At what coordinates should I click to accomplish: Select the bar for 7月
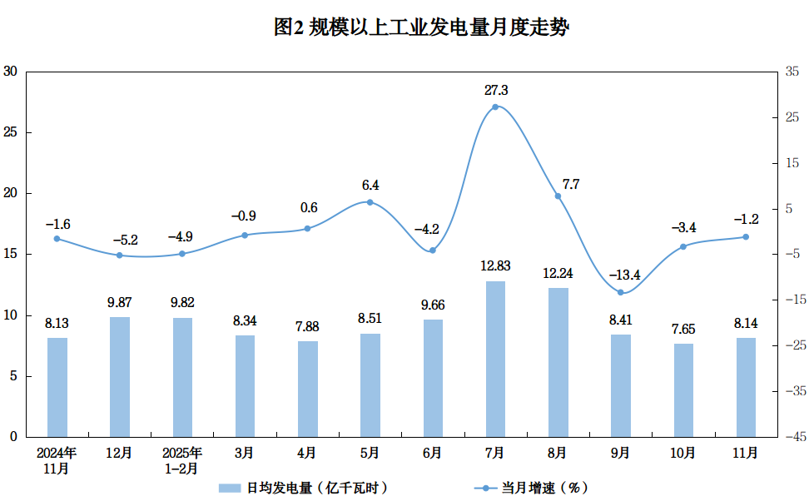click(x=495, y=360)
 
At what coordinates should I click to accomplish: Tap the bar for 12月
click(x=119, y=377)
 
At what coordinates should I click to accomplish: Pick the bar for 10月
click(x=683, y=390)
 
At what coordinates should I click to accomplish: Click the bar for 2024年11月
click(x=57, y=388)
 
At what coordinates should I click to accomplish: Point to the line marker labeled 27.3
click(x=495, y=107)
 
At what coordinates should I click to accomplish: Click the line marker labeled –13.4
click(x=621, y=292)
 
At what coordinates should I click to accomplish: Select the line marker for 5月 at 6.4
click(x=370, y=202)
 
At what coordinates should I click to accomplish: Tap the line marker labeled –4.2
click(x=433, y=250)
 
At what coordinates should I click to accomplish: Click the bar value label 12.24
click(x=558, y=273)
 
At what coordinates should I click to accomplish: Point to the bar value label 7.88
click(x=307, y=326)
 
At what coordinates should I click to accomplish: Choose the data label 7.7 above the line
click(x=571, y=185)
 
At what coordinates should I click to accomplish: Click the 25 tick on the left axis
click(x=10, y=132)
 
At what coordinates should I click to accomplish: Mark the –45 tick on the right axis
click(x=794, y=436)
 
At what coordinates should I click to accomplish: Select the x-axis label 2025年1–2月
click(x=181, y=460)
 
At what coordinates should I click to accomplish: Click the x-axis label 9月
click(x=620, y=453)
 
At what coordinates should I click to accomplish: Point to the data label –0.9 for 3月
click(x=244, y=216)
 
